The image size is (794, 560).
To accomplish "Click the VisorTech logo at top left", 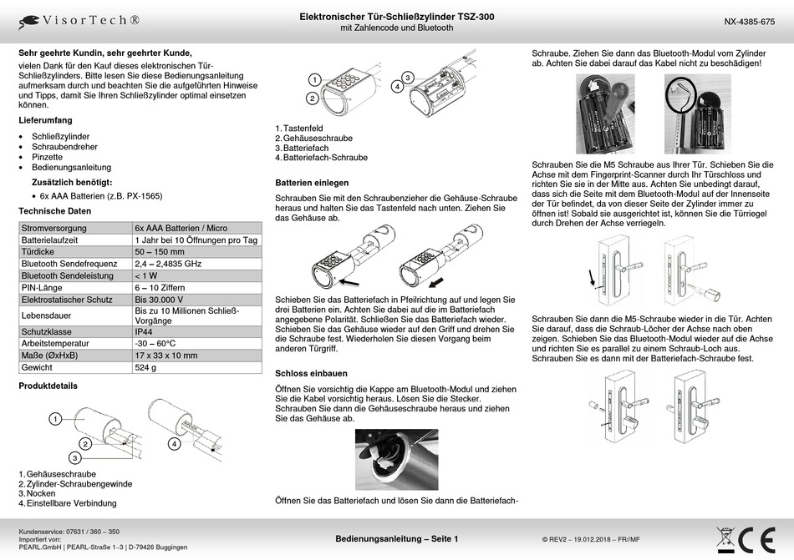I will click(79, 19).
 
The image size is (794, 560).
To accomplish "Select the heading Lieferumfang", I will click(46, 120).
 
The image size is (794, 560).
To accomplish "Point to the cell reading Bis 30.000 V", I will click(159, 298).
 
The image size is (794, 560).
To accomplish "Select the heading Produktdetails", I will click(48, 386).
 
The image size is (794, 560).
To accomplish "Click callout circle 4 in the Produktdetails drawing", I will click(174, 444).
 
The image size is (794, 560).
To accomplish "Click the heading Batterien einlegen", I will click(312, 182).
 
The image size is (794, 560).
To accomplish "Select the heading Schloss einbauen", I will click(311, 373).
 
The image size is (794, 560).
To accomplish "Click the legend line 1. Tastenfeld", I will click(299, 128).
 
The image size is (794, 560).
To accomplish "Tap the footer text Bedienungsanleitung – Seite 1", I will click(396, 540).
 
